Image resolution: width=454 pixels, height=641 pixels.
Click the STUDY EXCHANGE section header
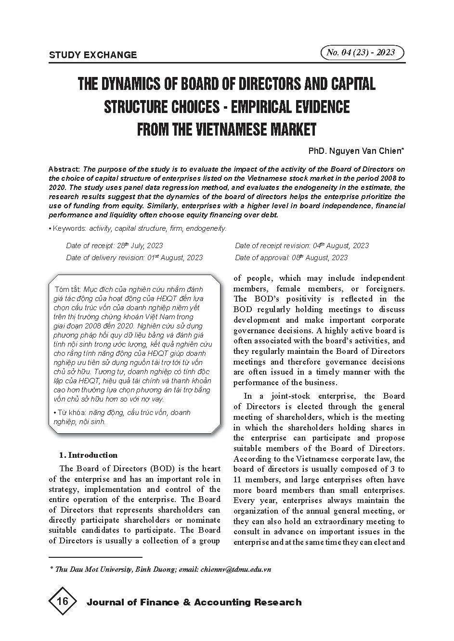coord(93,55)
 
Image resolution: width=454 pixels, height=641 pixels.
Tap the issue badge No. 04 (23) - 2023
coord(361,53)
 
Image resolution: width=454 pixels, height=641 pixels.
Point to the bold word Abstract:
coord(65,169)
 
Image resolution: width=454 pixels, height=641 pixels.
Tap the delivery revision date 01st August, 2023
coord(175,258)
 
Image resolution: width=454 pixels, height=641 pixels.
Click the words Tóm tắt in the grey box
coord(68,289)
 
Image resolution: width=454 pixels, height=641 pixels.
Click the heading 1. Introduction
coord(88,455)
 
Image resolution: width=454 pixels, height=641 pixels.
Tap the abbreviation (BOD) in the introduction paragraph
coord(151,468)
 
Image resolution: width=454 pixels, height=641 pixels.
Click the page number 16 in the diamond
coord(63,601)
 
